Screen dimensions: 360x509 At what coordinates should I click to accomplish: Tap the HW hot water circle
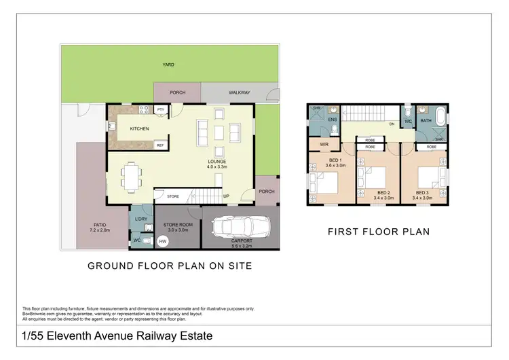(162, 241)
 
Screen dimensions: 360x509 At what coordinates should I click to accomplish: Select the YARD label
(168, 65)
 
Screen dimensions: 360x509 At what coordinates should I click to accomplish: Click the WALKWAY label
(239, 92)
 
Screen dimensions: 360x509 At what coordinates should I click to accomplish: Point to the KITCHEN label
(139, 128)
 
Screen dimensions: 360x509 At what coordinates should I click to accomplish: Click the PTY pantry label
(161, 109)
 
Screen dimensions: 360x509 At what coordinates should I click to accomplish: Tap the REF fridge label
(160, 145)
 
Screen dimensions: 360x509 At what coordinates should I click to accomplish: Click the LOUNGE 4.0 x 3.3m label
(217, 164)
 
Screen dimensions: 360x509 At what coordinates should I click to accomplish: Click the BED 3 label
(423, 193)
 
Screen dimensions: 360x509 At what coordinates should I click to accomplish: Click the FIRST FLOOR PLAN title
(378, 232)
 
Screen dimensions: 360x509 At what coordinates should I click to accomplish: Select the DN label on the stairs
(392, 124)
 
